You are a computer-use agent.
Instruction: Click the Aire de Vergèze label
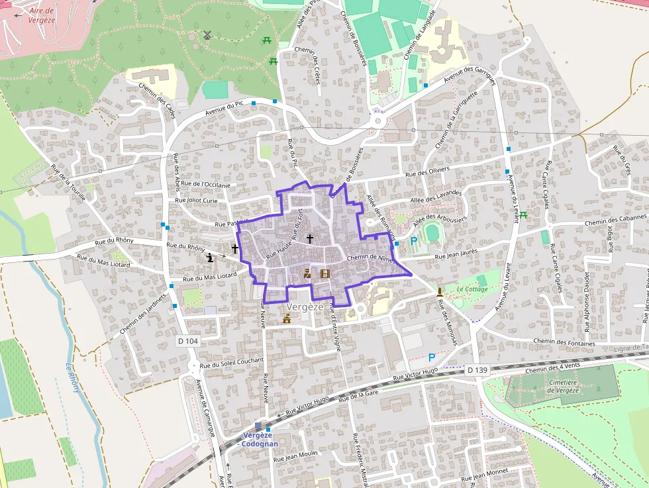(41, 15)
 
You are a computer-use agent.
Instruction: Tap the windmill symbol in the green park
(207, 35)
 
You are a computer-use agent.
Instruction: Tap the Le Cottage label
(472, 289)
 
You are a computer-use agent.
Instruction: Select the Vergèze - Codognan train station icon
(258, 426)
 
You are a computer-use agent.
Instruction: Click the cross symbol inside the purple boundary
(309, 237)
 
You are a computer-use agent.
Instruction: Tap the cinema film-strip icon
(324, 273)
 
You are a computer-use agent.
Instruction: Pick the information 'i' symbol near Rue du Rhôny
(211, 257)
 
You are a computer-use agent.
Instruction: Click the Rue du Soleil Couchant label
(231, 363)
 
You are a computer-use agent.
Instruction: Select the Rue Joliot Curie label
(196, 199)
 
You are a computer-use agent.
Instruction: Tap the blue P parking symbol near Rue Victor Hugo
(432, 357)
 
